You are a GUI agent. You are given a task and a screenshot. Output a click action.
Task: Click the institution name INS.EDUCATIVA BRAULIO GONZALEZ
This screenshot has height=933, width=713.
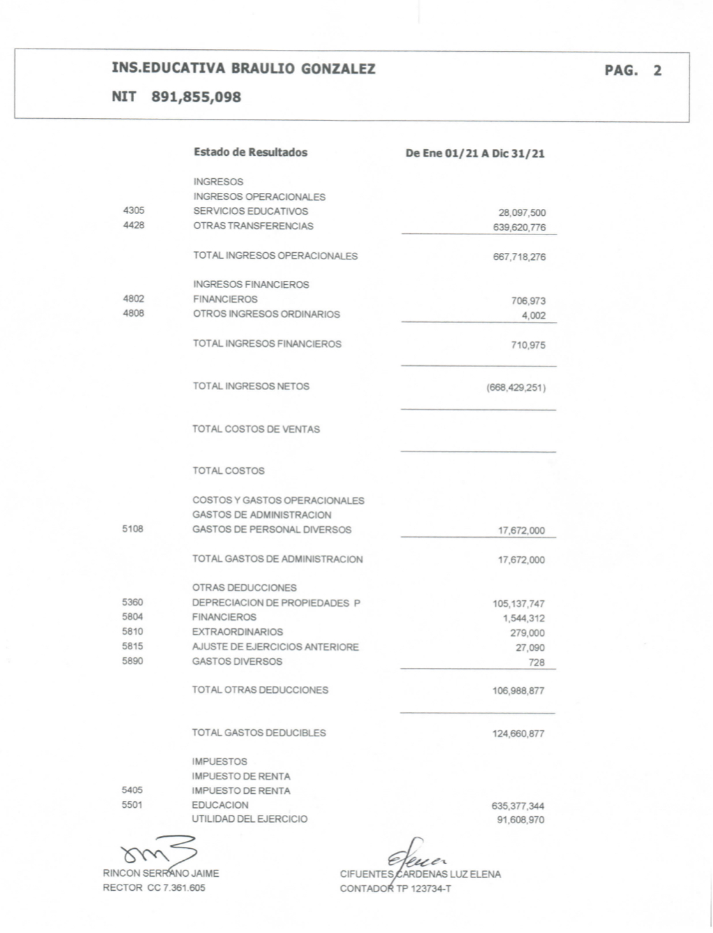243,69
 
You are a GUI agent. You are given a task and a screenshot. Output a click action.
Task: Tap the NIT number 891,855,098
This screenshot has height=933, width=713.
196,97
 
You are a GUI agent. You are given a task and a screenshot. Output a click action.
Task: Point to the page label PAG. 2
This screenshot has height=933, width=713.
632,71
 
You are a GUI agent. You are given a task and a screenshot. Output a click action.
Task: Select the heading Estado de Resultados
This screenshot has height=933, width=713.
250,153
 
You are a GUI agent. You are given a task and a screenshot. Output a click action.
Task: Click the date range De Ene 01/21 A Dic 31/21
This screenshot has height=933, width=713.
475,154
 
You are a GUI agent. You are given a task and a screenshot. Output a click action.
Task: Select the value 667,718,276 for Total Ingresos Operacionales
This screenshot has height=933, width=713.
519,257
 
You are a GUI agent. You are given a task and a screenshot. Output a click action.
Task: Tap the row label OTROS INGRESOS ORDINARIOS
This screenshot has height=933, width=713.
266,314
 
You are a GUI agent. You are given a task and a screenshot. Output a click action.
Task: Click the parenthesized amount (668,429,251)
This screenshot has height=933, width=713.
516,388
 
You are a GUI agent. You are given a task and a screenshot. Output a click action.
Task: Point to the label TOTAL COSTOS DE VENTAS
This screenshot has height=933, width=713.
256,429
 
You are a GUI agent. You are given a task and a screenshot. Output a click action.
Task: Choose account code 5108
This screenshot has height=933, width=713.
133,529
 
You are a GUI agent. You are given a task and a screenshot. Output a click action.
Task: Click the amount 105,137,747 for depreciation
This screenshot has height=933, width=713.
518,604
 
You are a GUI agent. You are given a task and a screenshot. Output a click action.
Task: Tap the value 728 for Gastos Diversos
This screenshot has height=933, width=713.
537,663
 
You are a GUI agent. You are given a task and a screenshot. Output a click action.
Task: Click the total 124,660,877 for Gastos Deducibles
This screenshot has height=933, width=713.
518,734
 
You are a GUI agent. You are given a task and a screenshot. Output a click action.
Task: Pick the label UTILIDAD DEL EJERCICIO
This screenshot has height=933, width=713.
250,819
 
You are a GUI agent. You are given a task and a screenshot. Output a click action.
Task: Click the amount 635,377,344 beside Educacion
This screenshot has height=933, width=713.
518,807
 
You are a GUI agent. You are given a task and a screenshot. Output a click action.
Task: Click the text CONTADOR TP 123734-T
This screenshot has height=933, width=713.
395,888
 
